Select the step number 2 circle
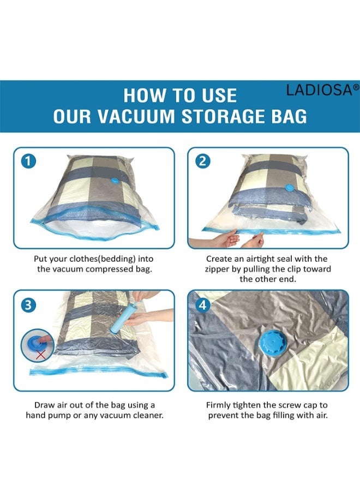(202, 161)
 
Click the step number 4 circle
(202, 306)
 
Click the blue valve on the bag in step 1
(117, 182)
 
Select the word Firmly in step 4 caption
(219, 405)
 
